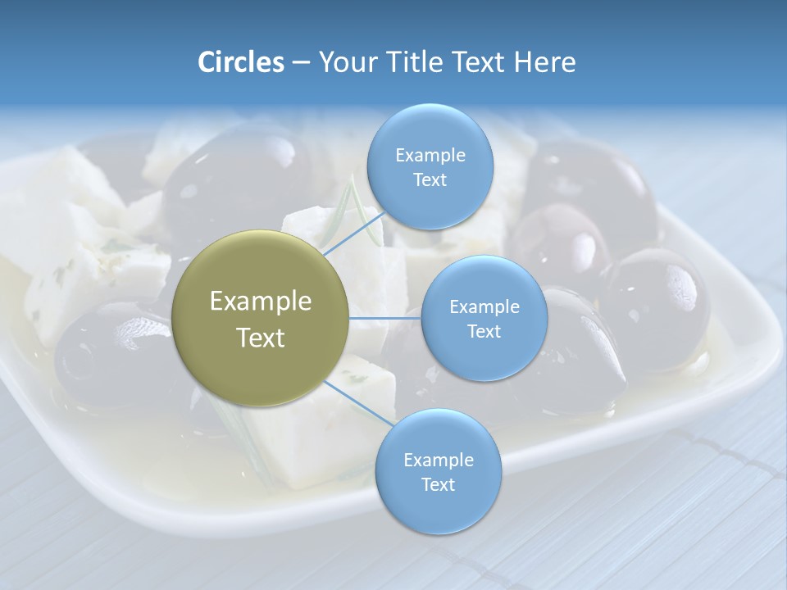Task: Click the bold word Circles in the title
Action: [x=240, y=62]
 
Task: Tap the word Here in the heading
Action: [x=545, y=62]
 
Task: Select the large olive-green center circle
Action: [x=261, y=319]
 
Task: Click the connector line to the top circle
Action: [x=354, y=233]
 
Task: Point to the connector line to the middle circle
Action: [x=384, y=318]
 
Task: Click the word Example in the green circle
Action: [x=261, y=302]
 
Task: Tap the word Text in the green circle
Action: [x=261, y=338]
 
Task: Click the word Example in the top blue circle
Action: [x=430, y=156]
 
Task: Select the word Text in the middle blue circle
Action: [x=484, y=332]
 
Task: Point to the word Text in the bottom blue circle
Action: [x=438, y=484]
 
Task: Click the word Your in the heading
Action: [x=343, y=62]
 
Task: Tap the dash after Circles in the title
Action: [x=300, y=63]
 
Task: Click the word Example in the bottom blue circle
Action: [x=438, y=461]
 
